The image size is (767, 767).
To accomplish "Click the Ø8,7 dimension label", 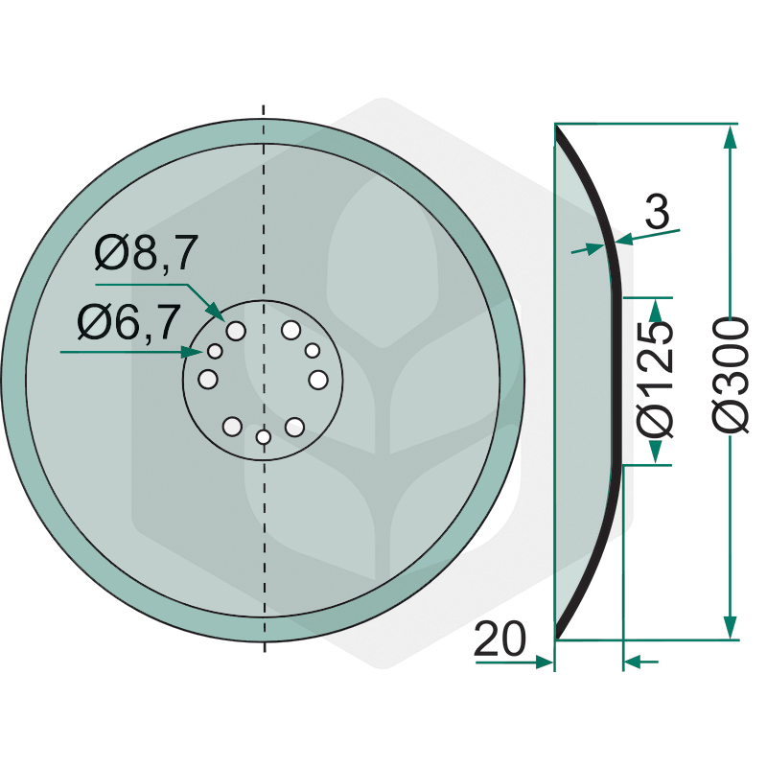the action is pos(147,252).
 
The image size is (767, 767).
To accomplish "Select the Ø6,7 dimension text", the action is pos(129,322).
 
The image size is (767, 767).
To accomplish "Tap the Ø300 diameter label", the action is pos(731,375).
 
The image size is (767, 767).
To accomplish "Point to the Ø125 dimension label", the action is pos(656,380).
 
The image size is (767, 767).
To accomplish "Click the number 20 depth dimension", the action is pos(500,639).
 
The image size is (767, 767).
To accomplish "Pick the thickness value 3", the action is pos(658,211).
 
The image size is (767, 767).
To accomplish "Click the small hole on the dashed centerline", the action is pos(264,436).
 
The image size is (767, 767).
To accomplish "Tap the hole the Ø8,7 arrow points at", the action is pos(236,331).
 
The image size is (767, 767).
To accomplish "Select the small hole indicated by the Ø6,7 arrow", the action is pos(215,351).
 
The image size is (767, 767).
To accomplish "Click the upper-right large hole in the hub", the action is pos(291,330).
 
